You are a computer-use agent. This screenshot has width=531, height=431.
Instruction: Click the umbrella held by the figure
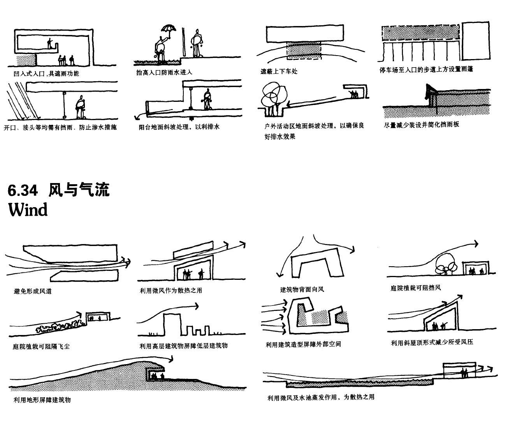169,29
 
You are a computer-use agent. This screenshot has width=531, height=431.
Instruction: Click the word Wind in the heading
28,210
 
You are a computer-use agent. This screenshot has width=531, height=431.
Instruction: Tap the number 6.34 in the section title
23,190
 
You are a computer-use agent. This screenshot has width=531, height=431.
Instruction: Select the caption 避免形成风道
33,291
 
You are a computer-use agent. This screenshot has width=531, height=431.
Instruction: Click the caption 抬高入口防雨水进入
164,72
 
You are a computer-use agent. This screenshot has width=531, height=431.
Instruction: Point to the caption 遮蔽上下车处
279,72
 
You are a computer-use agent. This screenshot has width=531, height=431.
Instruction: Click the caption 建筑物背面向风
302,289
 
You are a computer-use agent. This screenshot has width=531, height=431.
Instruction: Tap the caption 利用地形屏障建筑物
42,400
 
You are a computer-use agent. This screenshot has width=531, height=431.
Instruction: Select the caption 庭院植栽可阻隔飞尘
41,346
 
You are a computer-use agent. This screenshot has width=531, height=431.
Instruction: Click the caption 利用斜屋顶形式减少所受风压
432,342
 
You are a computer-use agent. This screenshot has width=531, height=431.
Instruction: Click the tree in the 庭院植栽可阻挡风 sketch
446,263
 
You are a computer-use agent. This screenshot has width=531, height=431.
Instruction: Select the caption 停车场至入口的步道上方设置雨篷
426,70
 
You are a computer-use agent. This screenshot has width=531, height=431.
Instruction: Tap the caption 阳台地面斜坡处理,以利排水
179,127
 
